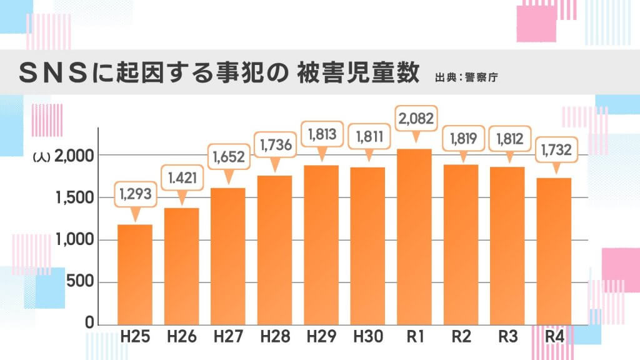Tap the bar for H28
[274, 249]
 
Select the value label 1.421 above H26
[182, 177]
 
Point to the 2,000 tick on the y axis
[74, 156]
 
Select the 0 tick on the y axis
[89, 323]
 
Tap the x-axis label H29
[321, 338]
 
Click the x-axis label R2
[461, 338]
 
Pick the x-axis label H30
[367, 338]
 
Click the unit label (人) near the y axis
[39, 157]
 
